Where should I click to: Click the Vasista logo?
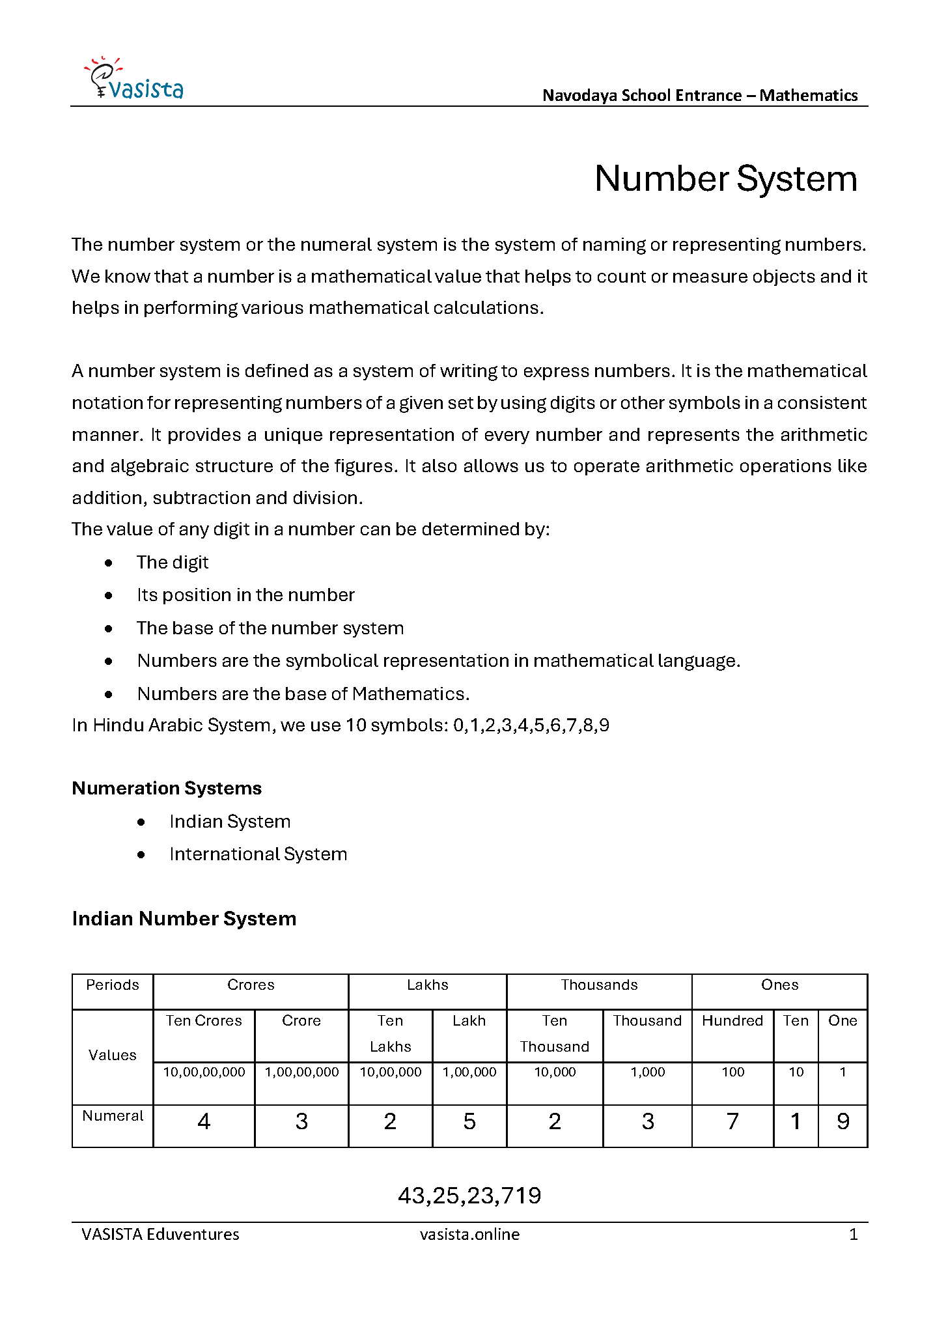[x=135, y=79]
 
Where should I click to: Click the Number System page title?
[x=725, y=178]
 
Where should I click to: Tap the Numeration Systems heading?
[x=167, y=788]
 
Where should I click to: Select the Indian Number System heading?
[x=184, y=918]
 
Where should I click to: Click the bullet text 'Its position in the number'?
[x=245, y=595]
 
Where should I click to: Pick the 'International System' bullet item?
[x=258, y=854]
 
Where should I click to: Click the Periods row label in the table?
[x=113, y=985]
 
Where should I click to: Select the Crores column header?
[x=251, y=985]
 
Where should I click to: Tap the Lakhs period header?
[x=427, y=985]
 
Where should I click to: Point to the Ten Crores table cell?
[x=204, y=1020]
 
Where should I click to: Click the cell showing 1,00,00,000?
[x=301, y=1072]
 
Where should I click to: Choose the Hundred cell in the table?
[x=732, y=1020]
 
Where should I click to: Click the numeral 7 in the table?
[x=732, y=1121]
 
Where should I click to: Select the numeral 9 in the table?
[x=842, y=1121]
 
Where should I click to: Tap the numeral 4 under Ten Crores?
[x=204, y=1121]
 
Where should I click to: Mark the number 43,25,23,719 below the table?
[x=469, y=1195]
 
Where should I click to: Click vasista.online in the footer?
[x=469, y=1234]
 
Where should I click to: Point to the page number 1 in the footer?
[x=853, y=1234]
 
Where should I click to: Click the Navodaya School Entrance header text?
[x=700, y=95]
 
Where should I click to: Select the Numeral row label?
[x=113, y=1115]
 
